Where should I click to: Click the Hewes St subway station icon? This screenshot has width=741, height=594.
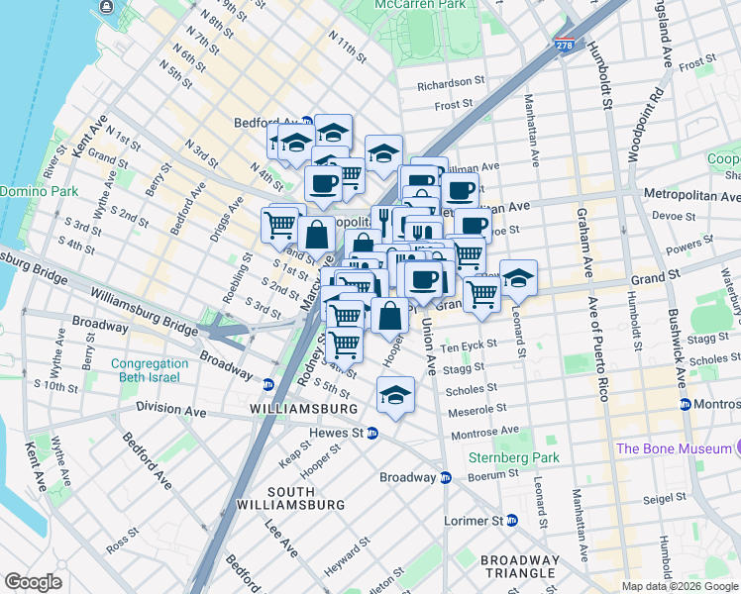tap(372, 433)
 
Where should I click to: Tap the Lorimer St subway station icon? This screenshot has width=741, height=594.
tap(512, 520)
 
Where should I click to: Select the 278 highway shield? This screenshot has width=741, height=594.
tap(565, 46)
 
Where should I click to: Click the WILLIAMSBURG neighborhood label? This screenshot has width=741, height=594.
tap(304, 409)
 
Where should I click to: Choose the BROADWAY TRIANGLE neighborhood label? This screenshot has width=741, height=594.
tap(519, 566)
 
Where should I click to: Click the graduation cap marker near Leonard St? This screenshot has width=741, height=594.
tap(518, 277)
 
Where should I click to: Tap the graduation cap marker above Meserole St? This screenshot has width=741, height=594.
tap(395, 395)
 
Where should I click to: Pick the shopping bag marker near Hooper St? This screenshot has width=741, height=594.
tap(390, 315)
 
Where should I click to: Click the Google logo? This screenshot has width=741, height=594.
tap(34, 582)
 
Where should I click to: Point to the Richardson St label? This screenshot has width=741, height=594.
tap(450, 85)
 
